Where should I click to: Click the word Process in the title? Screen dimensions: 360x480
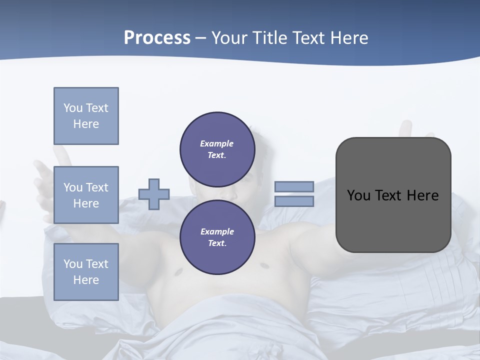click(x=157, y=38)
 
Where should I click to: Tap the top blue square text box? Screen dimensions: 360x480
click(x=86, y=116)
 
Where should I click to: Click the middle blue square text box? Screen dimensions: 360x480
click(x=86, y=195)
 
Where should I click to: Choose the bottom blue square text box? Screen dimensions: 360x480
click(x=86, y=272)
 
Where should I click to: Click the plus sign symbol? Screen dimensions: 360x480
click(x=154, y=194)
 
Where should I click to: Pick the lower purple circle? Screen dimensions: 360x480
click(x=217, y=237)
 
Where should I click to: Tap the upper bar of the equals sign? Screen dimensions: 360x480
click(x=294, y=186)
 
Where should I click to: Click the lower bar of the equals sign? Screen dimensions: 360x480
click(x=294, y=201)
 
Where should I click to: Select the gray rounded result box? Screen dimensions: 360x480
click(x=393, y=194)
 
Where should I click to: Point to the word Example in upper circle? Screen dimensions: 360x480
click(x=216, y=143)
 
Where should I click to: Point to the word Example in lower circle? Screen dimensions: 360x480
click(x=217, y=231)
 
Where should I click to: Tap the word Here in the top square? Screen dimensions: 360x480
click(x=86, y=124)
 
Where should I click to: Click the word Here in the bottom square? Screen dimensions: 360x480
click(x=86, y=280)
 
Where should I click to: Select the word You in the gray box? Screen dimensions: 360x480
click(x=358, y=195)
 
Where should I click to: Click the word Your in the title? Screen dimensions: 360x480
click(x=228, y=38)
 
